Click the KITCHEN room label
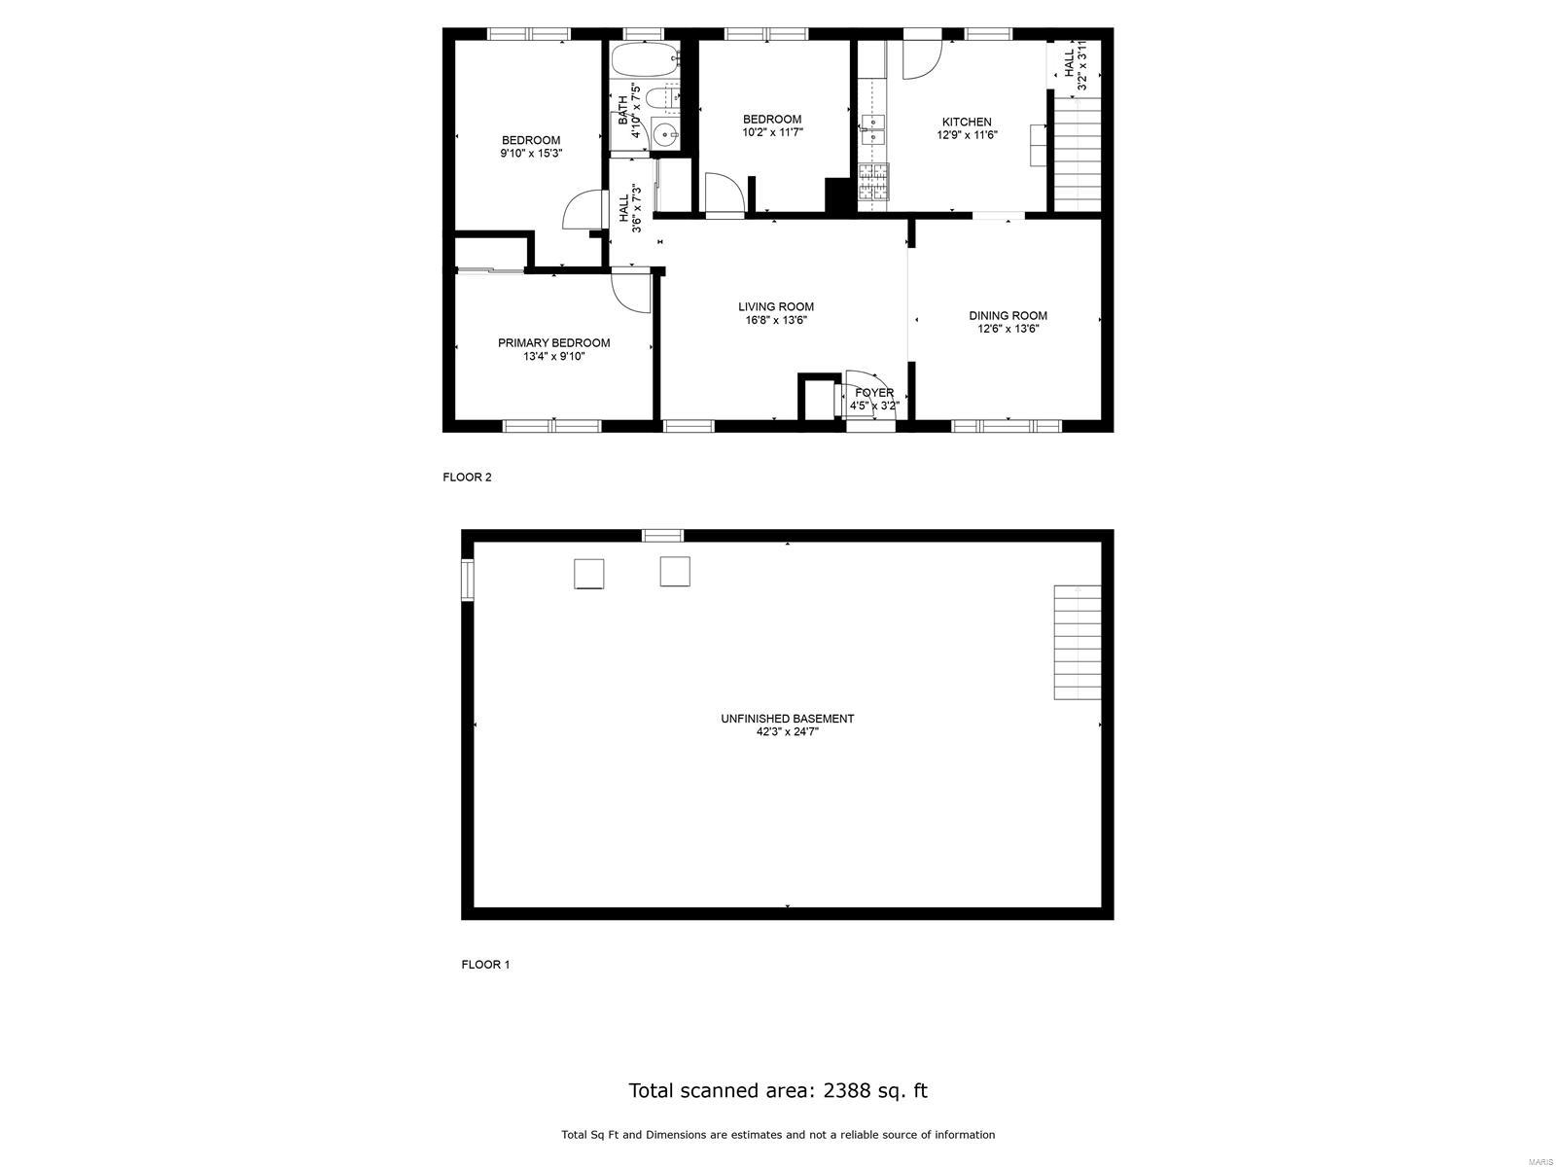pos(965,122)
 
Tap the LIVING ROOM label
pos(775,306)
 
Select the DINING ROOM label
pos(1008,315)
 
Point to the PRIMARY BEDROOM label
pos(553,342)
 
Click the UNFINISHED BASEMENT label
pos(787,719)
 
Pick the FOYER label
pos(874,393)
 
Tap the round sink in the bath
pos(664,135)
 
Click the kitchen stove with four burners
pos(872,182)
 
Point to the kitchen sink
pos(871,123)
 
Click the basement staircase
pos(1078,642)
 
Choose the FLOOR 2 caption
pos(467,477)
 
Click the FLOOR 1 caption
pos(484,965)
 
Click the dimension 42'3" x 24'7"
pos(787,732)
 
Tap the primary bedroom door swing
pos(631,291)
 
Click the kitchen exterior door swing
pos(921,58)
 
